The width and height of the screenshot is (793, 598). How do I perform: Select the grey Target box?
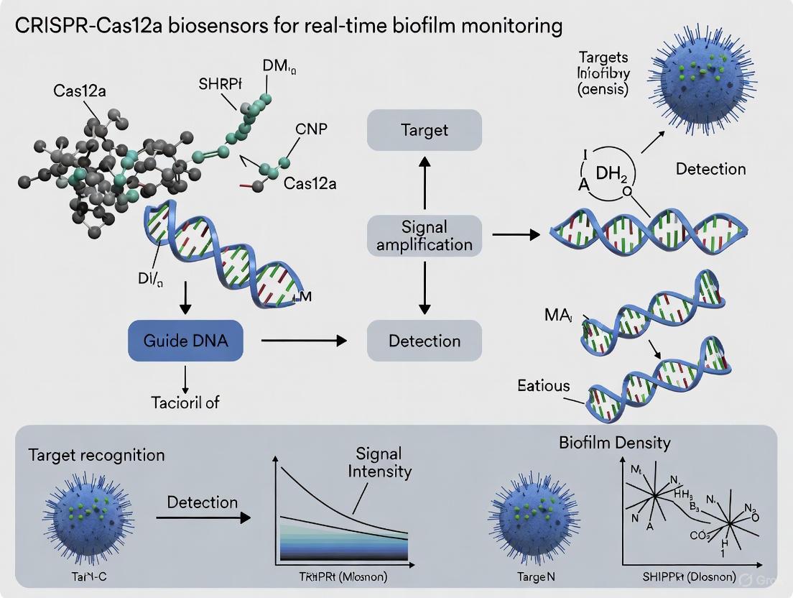point(424,129)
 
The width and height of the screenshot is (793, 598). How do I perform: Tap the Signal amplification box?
point(424,234)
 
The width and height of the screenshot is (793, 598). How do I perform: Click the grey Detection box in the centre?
point(424,340)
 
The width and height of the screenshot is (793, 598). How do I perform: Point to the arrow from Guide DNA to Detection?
point(302,341)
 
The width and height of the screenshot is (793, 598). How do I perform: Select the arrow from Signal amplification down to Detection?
point(424,287)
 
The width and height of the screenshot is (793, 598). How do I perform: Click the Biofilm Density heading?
point(614,442)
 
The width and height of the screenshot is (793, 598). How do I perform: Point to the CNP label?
point(310,129)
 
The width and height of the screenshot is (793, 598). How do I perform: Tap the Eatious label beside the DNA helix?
point(543,385)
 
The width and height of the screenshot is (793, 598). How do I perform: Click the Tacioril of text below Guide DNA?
point(185,402)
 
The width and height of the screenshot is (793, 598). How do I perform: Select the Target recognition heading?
point(97,454)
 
